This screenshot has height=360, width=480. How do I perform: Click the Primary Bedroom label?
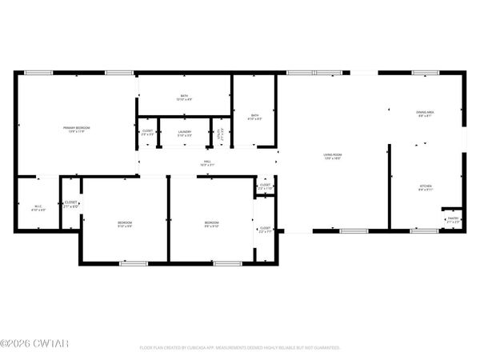click(x=77, y=129)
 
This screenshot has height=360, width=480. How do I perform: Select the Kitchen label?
click(x=425, y=188)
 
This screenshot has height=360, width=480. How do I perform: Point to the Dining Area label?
click(x=425, y=114)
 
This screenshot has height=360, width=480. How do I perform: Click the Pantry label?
click(x=453, y=219)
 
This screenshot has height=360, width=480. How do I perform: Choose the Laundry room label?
click(x=184, y=132)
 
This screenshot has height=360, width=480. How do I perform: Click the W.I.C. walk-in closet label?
click(x=38, y=208)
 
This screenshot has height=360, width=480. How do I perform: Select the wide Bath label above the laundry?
click(x=184, y=98)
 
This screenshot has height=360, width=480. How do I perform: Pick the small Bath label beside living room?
click(x=254, y=117)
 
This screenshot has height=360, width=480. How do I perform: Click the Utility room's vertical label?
click(x=219, y=133)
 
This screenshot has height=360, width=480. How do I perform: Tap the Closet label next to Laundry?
click(x=148, y=132)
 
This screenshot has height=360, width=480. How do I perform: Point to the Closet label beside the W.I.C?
click(x=71, y=204)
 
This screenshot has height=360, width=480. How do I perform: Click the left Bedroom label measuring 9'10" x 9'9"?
click(x=125, y=223)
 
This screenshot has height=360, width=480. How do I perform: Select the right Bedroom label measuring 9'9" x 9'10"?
click(x=211, y=223)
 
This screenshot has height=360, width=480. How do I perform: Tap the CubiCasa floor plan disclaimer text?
click(x=240, y=348)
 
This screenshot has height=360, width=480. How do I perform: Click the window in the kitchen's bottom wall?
click(x=424, y=231)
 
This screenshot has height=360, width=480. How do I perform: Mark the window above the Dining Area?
click(x=424, y=74)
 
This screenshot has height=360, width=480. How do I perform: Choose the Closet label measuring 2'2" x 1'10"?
click(x=265, y=187)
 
